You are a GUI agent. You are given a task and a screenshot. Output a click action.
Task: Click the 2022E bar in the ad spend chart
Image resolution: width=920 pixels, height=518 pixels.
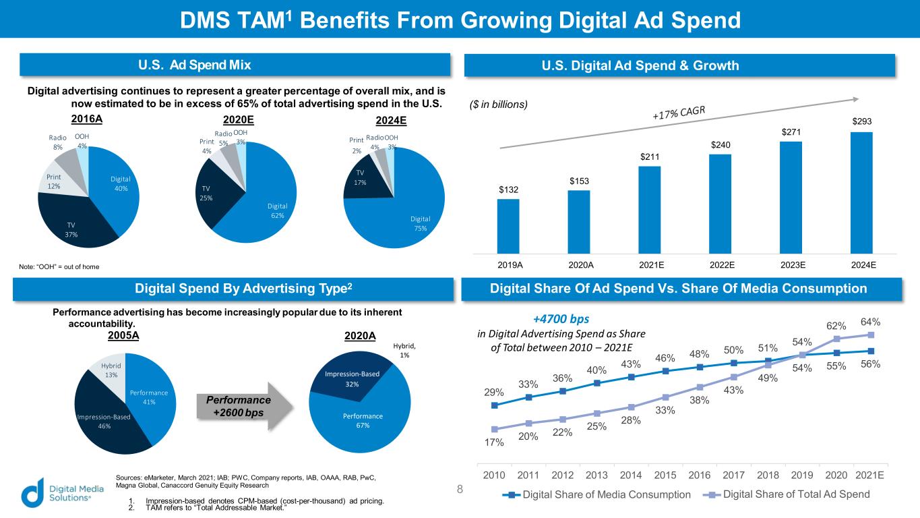point(720,202)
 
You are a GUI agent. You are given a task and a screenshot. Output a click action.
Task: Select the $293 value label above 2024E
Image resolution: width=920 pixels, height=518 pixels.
point(861,120)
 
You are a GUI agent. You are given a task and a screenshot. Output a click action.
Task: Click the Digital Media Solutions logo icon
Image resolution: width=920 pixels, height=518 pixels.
point(32,492)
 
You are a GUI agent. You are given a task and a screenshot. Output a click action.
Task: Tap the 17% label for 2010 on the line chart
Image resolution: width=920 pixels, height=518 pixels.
point(494,443)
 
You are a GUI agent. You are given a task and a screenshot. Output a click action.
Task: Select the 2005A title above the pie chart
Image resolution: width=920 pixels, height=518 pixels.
point(124,335)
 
